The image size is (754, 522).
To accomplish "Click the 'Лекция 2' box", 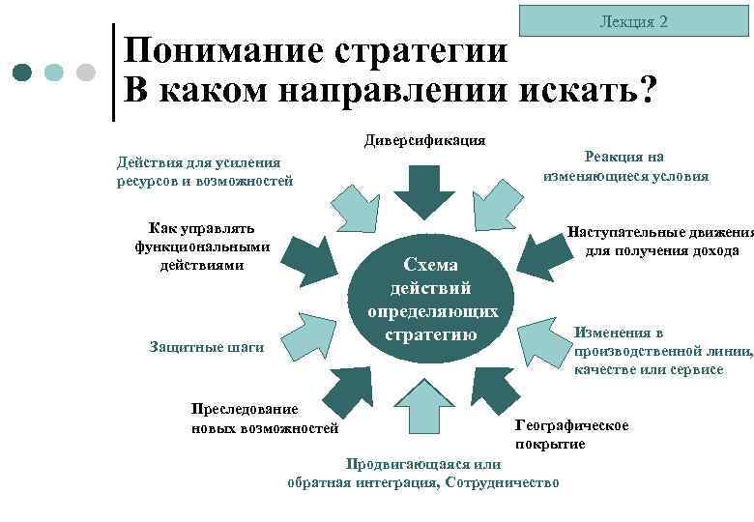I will coord(634,20).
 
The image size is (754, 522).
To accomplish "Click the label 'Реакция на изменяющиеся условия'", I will coord(625,166).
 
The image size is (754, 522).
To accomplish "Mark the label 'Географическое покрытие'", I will coord(571,434).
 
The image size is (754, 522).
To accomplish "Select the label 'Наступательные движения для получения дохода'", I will coord(661,242).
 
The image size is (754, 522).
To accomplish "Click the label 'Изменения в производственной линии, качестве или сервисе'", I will coord(662,351).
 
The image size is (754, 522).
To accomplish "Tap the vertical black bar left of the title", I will coord(115,72).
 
